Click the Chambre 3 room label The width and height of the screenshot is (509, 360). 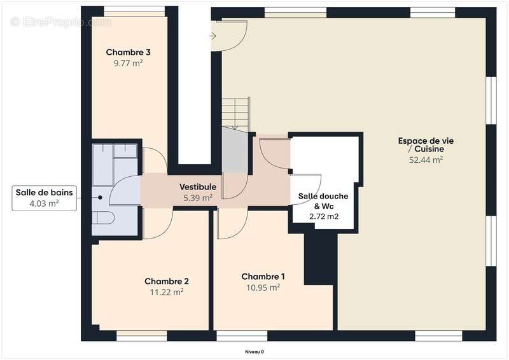tap(128, 52)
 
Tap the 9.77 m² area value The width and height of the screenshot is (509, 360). tap(128, 64)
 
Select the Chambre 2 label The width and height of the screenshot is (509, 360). tap(167, 281)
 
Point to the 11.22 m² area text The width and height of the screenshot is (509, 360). tap(167, 292)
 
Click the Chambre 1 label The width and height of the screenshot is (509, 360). tap(263, 277)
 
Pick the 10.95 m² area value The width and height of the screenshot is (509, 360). tap(263, 287)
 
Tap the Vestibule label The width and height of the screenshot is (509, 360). tap(198, 187)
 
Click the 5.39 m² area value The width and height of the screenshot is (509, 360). tap(198, 198)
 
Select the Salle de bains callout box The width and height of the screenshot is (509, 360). tap(45, 198)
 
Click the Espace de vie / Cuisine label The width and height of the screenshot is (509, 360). tap(426, 144)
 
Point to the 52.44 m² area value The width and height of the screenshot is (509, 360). tap(426, 160)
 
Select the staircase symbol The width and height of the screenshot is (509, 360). tap(235, 113)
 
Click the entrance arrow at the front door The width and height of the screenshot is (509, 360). tap(213, 36)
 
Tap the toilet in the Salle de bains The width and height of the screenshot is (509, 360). tap(104, 218)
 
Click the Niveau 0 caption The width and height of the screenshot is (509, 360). tap(254, 352)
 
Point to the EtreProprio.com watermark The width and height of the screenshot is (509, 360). tap(60, 22)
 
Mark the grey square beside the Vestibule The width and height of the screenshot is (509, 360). tap(235, 150)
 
